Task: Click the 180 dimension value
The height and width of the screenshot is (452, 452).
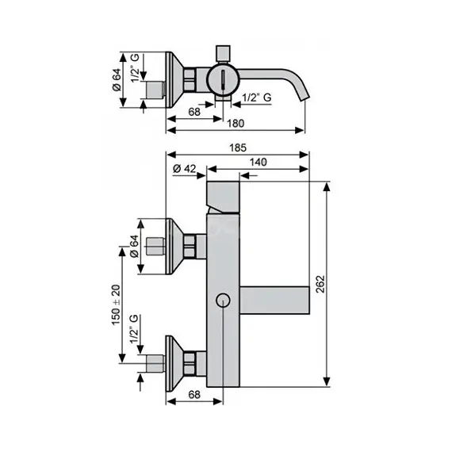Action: pyautogui.click(x=236, y=123)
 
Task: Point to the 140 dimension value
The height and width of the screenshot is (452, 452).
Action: pyautogui.click(x=258, y=162)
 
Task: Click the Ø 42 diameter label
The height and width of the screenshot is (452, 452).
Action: pyautogui.click(x=184, y=168)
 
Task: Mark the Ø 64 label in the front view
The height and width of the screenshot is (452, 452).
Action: pyautogui.click(x=135, y=247)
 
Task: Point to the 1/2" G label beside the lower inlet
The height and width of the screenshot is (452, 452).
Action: pyautogui.click(x=135, y=327)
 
